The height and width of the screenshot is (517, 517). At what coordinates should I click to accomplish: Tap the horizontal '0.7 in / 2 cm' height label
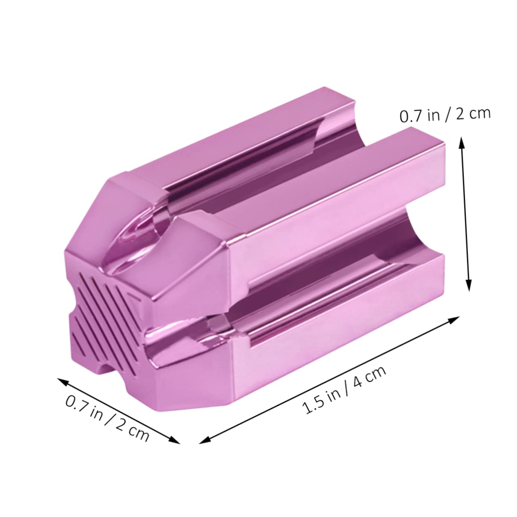click(444, 115)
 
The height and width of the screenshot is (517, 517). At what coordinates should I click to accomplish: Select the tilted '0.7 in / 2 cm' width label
click(107, 413)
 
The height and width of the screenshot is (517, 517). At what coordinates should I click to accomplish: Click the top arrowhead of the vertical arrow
click(462, 141)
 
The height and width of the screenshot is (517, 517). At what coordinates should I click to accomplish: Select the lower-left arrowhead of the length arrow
click(203, 440)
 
